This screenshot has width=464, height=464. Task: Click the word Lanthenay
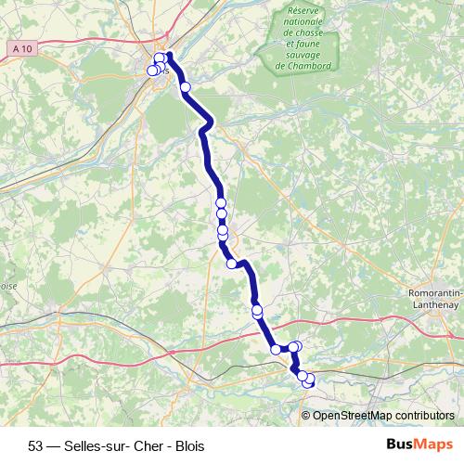coord(436,304)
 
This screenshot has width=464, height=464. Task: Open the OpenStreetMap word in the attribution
coord(354,415)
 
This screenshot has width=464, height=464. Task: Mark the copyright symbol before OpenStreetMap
coord(307,415)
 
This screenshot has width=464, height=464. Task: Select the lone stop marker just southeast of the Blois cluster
coord(185,87)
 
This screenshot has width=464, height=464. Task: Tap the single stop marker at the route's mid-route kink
coord(231,264)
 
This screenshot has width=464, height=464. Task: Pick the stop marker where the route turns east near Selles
coord(276,349)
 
